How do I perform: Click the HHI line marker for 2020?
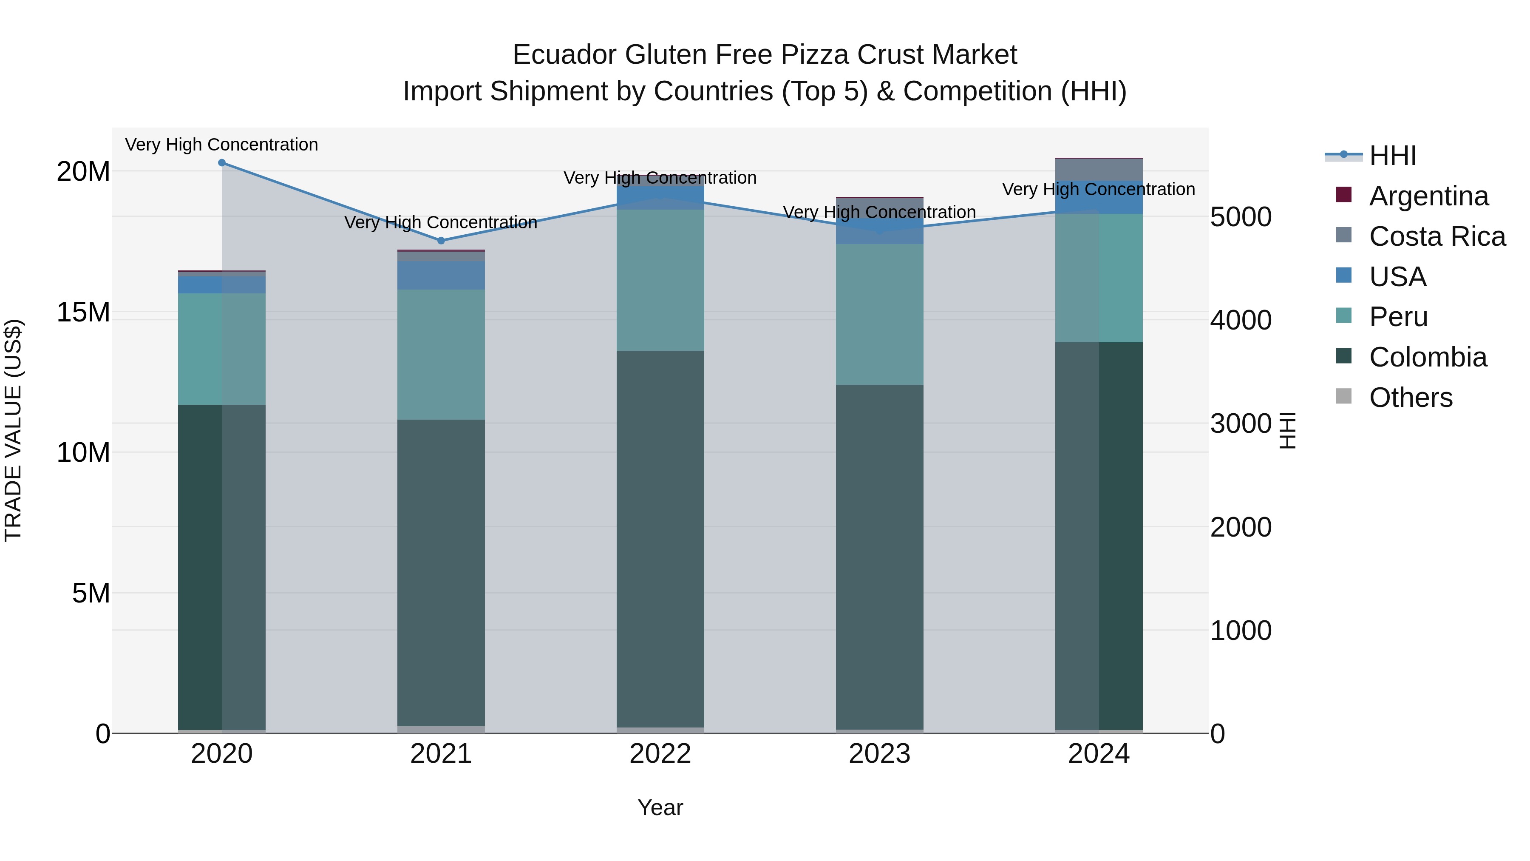pyautogui.click(x=221, y=162)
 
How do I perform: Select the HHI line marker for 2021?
pyautogui.click(x=441, y=241)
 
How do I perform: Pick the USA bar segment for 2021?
pyautogui.click(x=441, y=275)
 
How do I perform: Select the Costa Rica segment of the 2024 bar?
pyautogui.click(x=1098, y=169)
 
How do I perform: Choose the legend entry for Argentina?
pyautogui.click(x=1428, y=196)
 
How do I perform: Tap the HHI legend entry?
pyautogui.click(x=1392, y=156)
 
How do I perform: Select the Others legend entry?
pyautogui.click(x=1410, y=398)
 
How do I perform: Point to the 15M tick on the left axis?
pyautogui.click(x=83, y=312)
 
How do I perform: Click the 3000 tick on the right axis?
pyautogui.click(x=1241, y=423)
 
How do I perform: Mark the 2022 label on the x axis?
pyautogui.click(x=660, y=754)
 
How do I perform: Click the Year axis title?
pyautogui.click(x=660, y=807)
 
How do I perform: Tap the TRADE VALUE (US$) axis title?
pyautogui.click(x=13, y=430)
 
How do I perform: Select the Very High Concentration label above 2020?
pyautogui.click(x=221, y=145)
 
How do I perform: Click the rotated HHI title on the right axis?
pyautogui.click(x=1286, y=430)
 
